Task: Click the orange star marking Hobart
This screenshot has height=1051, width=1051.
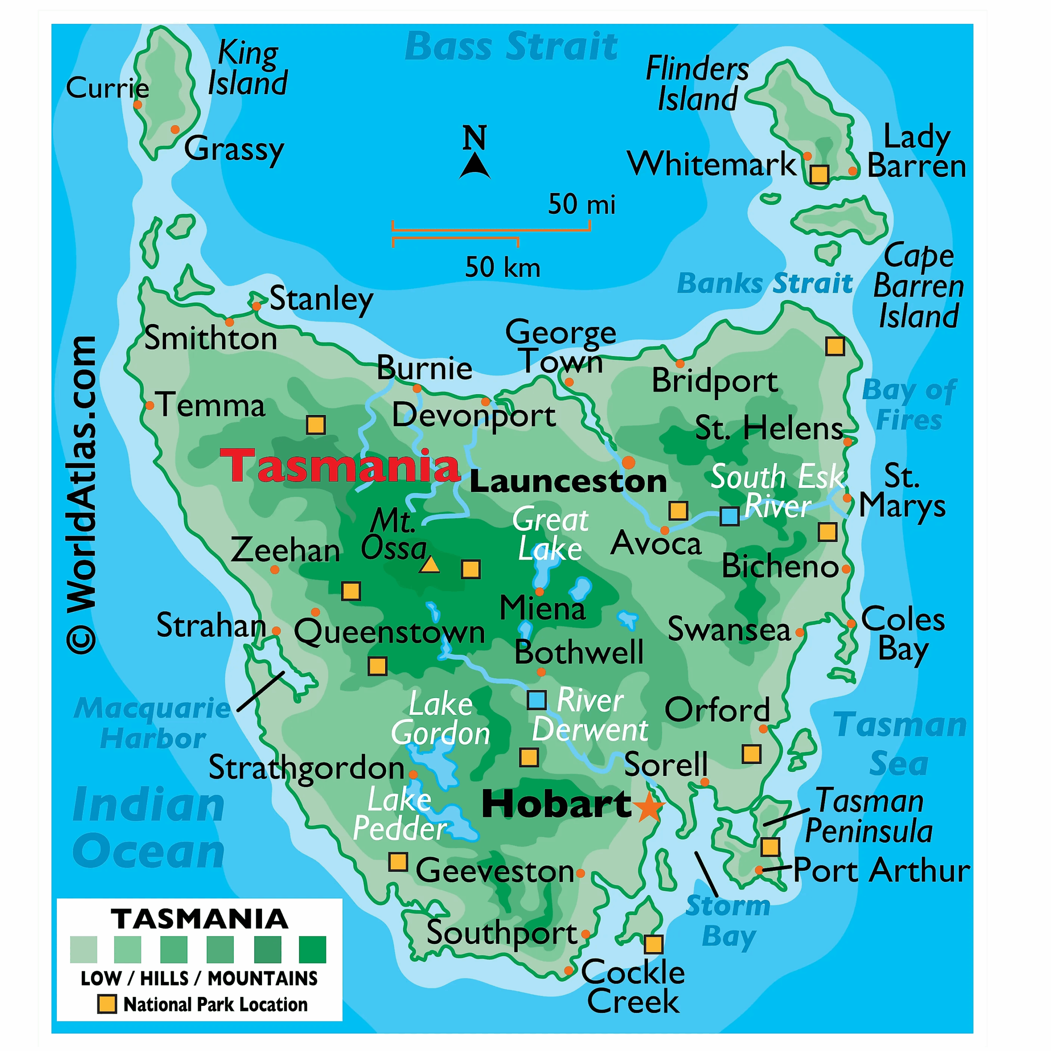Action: tap(649, 807)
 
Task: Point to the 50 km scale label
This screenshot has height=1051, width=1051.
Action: tap(503, 268)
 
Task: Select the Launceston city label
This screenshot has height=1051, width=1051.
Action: tap(568, 482)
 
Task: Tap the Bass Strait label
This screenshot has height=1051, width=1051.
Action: tap(512, 47)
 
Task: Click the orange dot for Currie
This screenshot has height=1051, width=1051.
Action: tap(138, 104)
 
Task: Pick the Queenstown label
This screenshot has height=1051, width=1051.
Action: tap(390, 633)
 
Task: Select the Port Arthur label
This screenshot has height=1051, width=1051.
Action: tap(881, 870)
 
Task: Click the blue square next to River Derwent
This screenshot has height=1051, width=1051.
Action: tap(537, 700)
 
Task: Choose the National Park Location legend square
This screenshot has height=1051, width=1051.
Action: tap(107, 1004)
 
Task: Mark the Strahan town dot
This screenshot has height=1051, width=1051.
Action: tap(276, 631)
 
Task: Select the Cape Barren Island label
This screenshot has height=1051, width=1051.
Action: tap(918, 286)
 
